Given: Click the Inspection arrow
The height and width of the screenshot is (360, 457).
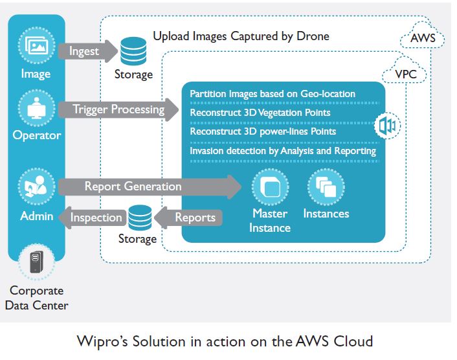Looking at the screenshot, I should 90,218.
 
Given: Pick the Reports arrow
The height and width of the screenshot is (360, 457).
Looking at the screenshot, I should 194,218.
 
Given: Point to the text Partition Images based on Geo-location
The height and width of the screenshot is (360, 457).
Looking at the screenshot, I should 273,94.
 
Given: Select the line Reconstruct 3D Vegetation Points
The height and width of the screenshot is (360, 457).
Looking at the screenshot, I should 260,113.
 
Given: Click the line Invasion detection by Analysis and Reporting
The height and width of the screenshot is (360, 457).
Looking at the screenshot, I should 283,151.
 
